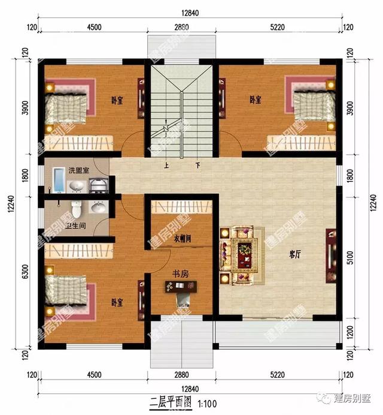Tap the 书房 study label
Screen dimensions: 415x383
click(181, 273)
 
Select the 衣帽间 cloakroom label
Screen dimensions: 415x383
click(183, 238)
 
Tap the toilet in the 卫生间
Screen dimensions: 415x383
click(76, 209)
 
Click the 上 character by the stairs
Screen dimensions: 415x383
click(166, 165)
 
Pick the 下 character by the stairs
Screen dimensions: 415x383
click(197, 165)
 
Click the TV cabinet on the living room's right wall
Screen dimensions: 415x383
click(330, 256)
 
